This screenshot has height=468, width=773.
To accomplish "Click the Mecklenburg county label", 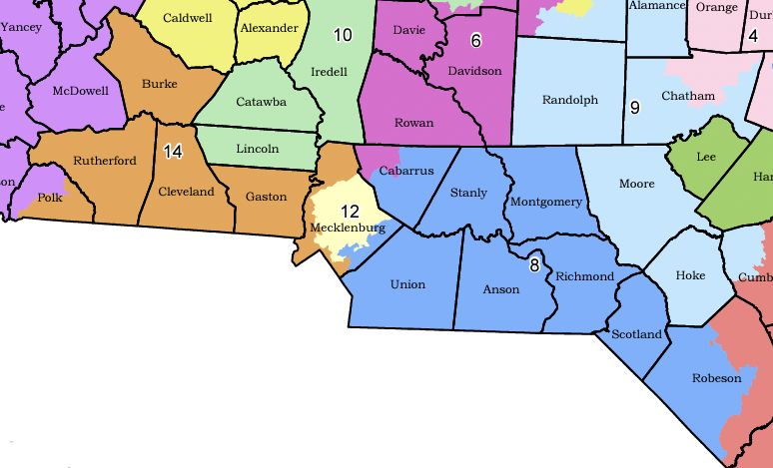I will [x=348, y=228].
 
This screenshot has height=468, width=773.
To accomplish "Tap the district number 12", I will [x=350, y=211].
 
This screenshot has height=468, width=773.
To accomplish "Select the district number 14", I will [x=173, y=152].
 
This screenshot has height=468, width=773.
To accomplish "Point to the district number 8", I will [x=534, y=264].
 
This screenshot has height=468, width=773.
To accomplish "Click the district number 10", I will [x=343, y=36].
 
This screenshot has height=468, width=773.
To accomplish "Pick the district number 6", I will [x=475, y=40].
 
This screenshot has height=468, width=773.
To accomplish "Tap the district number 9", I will [x=634, y=107].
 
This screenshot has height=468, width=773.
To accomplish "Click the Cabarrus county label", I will [x=406, y=171].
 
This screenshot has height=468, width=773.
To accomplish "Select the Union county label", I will [x=407, y=284].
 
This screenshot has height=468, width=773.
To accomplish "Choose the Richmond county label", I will [x=584, y=276].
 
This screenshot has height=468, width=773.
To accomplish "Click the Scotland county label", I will [x=636, y=334].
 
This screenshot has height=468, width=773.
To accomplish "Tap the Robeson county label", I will [x=717, y=378].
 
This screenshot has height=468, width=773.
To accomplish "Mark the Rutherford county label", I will [x=105, y=162].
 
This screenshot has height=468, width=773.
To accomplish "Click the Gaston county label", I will [x=267, y=197].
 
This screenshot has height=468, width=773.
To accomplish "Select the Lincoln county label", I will [x=258, y=149].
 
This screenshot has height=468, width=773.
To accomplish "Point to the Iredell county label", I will [x=329, y=72].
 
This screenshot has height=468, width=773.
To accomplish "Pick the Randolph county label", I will [x=569, y=100].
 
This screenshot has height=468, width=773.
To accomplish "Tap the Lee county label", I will [x=705, y=157].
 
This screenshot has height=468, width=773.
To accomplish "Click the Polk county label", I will [x=50, y=199].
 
